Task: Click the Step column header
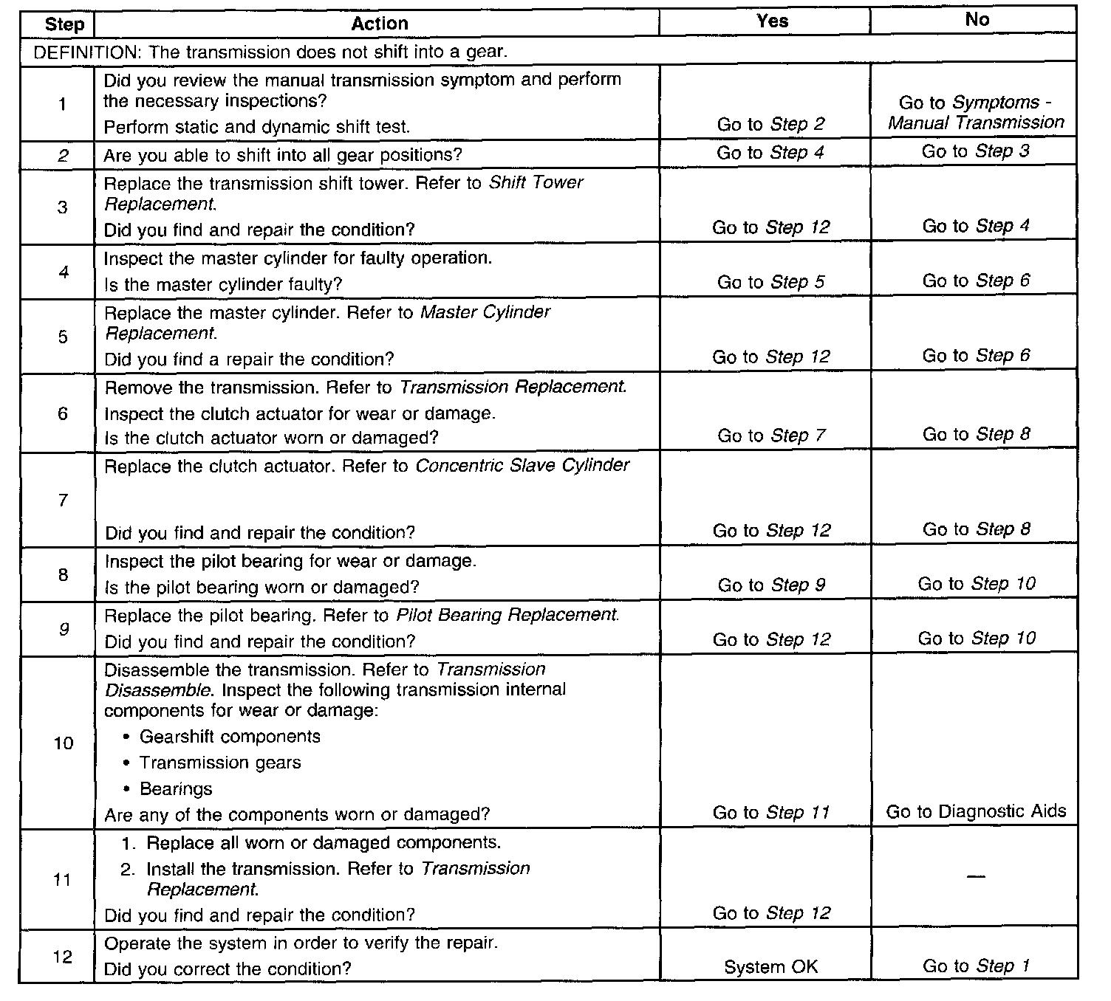64,24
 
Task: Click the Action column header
379,24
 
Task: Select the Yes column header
772,21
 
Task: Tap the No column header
977,20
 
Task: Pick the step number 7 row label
63,500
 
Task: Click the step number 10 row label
64,743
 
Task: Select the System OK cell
770,967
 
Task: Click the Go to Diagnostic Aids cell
976,812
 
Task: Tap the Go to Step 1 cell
976,966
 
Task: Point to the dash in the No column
975,876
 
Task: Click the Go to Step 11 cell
771,813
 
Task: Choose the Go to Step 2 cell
770,124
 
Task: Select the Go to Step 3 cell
975,151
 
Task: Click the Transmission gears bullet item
220,763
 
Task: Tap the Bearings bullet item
176,789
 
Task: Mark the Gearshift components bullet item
230,737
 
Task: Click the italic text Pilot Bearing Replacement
507,615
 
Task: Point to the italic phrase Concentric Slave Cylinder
522,466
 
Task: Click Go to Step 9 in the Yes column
771,585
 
